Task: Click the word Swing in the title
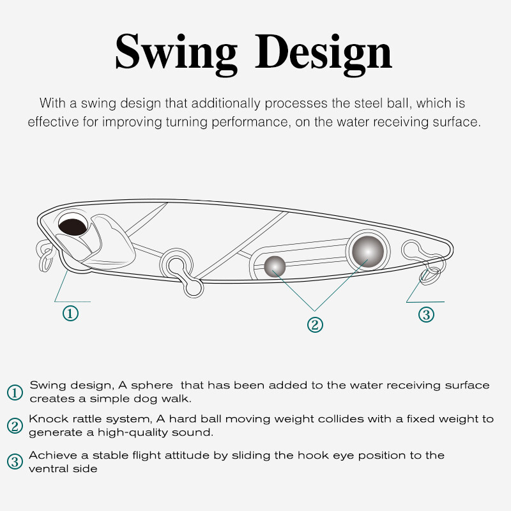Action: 176,54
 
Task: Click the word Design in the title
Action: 323,54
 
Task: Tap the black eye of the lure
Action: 73,227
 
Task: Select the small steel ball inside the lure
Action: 275,266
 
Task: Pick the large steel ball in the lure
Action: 368,252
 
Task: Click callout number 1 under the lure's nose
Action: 70,314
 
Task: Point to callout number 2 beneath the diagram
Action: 315,325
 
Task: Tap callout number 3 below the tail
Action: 426,314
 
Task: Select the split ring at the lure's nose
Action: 45,256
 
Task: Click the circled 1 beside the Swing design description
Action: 15,392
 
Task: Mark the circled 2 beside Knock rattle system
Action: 15,426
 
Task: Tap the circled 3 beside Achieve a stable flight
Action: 15,462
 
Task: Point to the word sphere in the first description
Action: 152,386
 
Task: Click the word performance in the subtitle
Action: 250,122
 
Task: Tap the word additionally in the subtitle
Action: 226,103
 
